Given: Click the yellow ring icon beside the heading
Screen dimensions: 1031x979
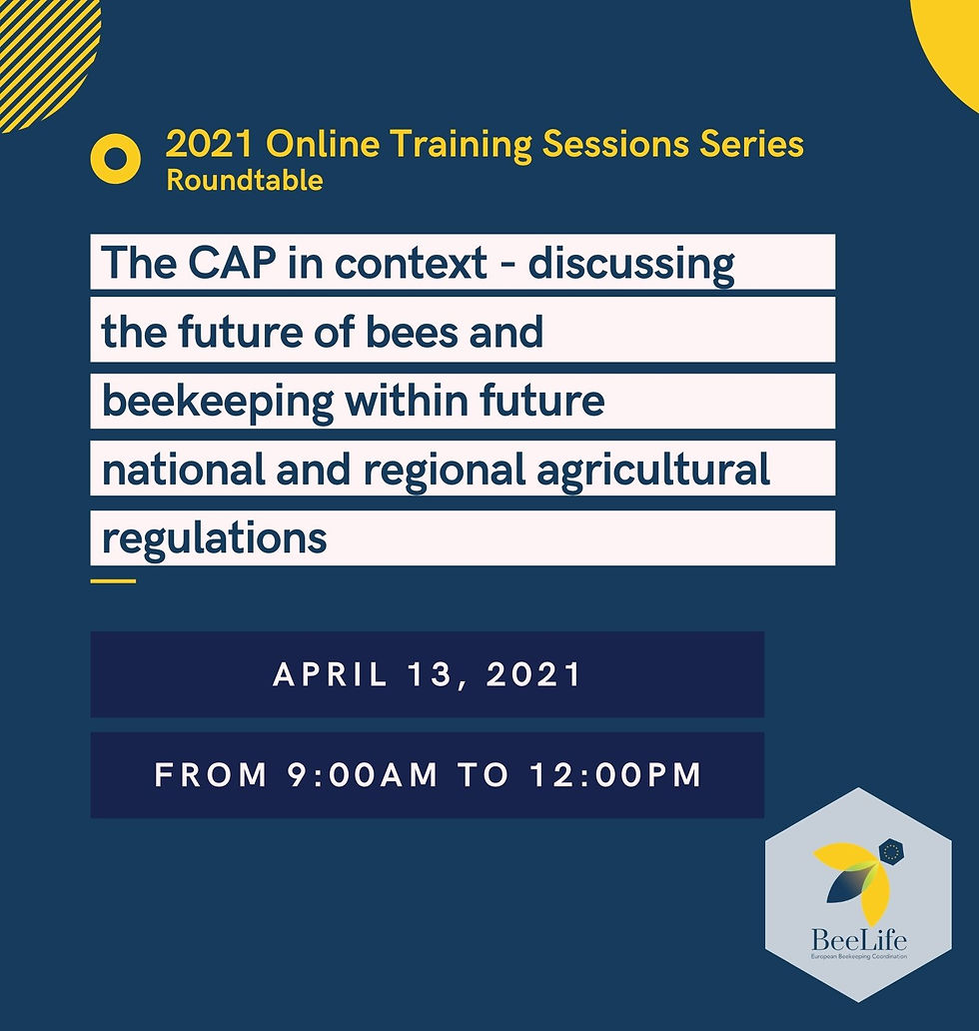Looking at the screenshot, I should tap(115, 159).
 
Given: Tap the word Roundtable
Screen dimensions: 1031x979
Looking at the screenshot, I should tap(244, 181).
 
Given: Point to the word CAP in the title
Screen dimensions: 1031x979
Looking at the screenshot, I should tap(261, 264).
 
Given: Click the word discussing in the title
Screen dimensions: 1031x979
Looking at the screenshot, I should tap(630, 265).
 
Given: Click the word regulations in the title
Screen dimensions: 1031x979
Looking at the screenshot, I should tap(214, 539).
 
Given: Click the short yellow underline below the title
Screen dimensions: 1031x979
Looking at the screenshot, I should tap(112, 579).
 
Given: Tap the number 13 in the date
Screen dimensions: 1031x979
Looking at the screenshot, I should tap(437, 674).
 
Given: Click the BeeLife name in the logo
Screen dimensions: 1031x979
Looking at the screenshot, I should tap(859, 940).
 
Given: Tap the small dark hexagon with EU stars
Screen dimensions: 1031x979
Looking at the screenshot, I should tap(890, 852).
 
